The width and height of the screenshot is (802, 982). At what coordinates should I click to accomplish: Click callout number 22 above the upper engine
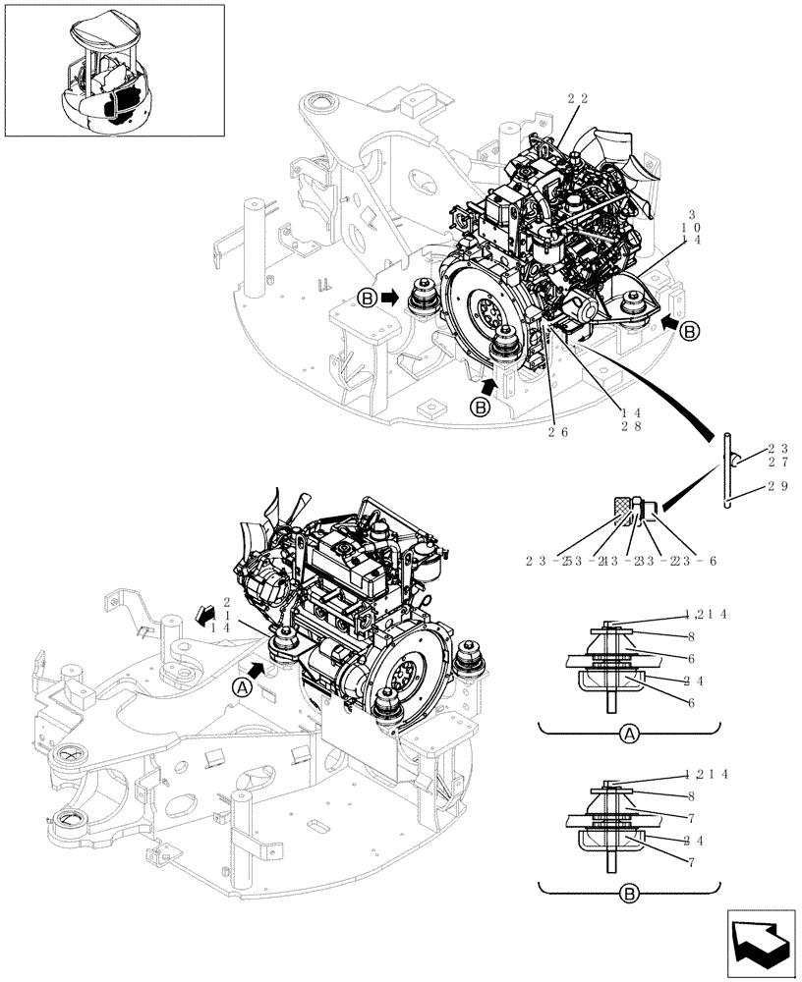[x=578, y=98]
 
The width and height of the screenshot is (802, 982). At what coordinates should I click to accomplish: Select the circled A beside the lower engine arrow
[x=241, y=688]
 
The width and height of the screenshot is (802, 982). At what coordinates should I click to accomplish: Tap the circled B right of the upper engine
[x=690, y=332]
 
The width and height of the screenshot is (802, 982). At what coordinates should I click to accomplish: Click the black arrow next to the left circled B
[x=389, y=297]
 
